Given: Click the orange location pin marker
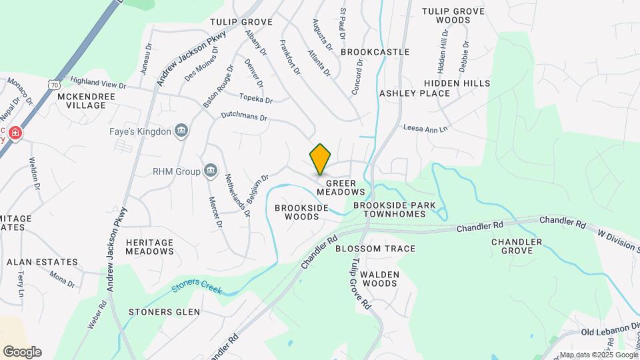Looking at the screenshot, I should [321, 159].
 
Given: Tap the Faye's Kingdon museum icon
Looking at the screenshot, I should [181, 131].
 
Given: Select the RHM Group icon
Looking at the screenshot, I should [211, 171].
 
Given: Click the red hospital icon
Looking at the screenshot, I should [15, 133].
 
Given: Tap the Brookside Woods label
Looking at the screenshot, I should [302, 212].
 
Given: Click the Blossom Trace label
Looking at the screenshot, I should [375, 249].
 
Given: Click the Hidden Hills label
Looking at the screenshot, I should [457, 83].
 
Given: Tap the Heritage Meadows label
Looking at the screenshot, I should [149, 247].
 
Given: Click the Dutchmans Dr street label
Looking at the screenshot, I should [245, 116].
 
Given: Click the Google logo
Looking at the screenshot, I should [22, 352].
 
